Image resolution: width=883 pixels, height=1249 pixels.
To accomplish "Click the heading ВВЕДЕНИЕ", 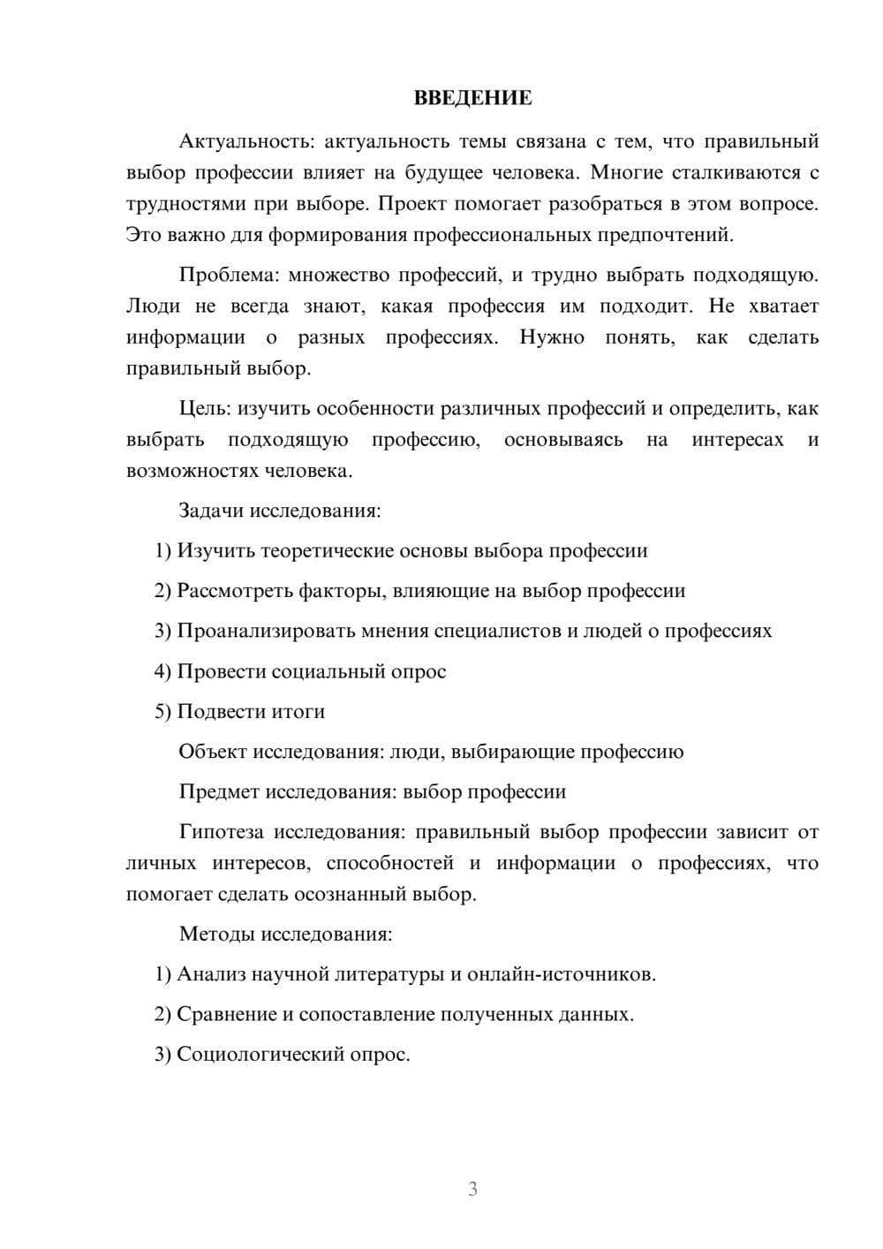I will [x=472, y=98].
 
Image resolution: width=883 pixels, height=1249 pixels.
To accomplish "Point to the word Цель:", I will [x=206, y=408].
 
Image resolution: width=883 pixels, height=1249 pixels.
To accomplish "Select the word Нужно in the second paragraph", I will [x=551, y=337].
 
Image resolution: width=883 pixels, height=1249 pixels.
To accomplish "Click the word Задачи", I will [x=211, y=511].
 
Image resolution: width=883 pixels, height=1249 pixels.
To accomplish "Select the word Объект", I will [x=213, y=752].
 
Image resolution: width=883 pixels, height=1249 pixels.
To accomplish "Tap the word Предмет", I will [x=216, y=791].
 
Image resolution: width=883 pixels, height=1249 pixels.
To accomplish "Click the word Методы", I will [x=215, y=934].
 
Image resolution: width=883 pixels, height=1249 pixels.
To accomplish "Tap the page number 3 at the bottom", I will [x=472, y=1189].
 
